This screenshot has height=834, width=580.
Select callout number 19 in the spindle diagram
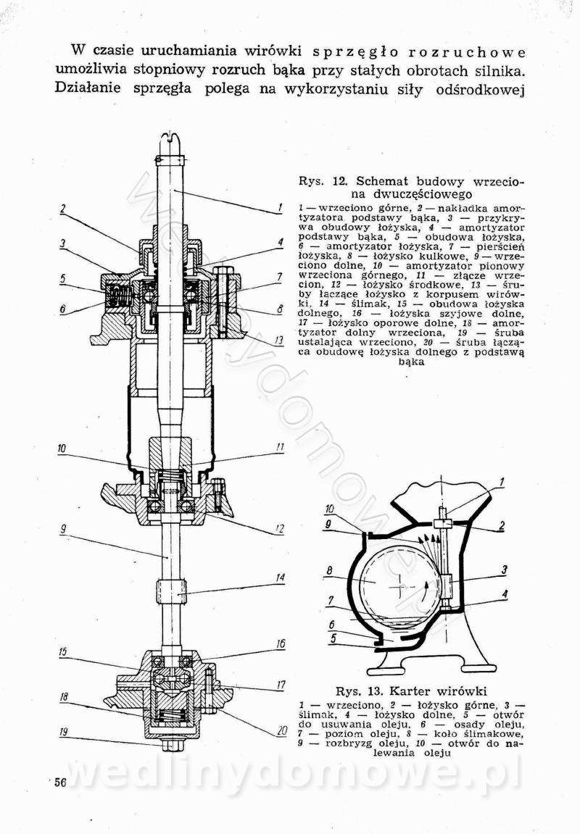point(63,732)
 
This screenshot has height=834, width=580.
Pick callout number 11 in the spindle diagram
point(279,448)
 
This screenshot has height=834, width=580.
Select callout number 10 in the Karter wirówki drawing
point(329,509)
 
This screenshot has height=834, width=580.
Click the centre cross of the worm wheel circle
point(398,584)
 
